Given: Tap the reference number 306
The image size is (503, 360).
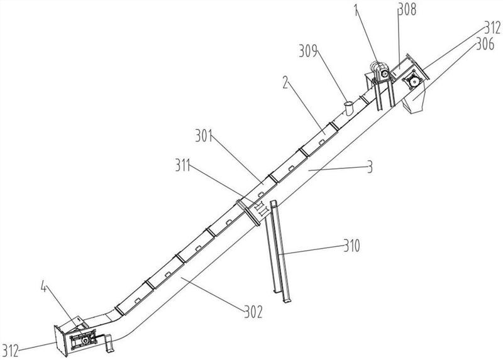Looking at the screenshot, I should coord(484,44).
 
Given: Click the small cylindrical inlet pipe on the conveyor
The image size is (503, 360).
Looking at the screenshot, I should coord(346,106).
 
